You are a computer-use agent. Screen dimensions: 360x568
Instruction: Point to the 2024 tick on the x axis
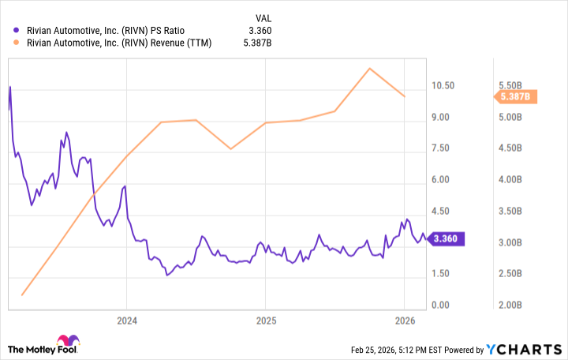click(x=126, y=321)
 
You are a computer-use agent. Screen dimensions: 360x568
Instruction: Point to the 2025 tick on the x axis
click(x=266, y=321)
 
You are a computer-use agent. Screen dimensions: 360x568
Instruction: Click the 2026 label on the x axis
click(x=405, y=321)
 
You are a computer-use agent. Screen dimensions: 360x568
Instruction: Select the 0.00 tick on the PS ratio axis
click(x=445, y=306)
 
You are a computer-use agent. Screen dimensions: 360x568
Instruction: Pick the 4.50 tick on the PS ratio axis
click(x=445, y=211)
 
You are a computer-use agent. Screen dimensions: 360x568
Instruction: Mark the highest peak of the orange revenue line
click(x=369, y=68)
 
